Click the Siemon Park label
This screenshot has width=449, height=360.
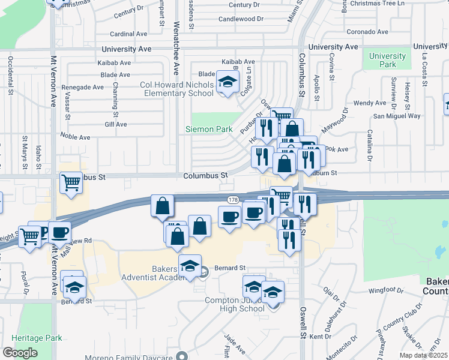point(207,129)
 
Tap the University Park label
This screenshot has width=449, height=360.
point(387,60)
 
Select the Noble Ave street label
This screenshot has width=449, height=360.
point(75,137)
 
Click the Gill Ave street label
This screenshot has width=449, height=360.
point(116,124)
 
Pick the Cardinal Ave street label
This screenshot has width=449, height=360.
point(128,34)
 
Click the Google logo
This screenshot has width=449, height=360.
point(20,353)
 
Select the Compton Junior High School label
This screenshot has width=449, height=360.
point(234,305)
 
